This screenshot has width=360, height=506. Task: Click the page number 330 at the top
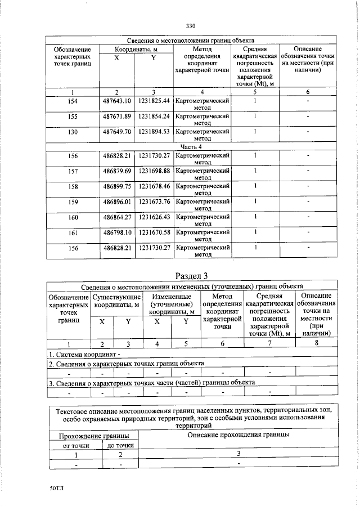190,26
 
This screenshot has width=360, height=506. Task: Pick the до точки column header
120,446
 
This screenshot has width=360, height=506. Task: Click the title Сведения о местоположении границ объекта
191,41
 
